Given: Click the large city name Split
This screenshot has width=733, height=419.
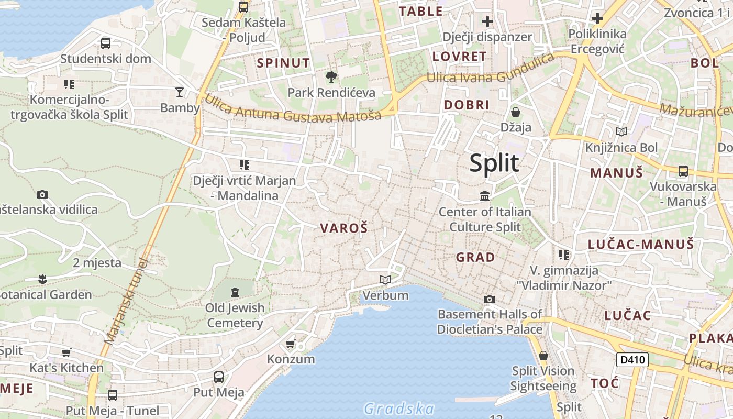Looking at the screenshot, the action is [494, 163].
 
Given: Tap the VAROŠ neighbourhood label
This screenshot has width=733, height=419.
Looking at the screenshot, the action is [343, 228].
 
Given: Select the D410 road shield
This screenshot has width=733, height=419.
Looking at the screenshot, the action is [632, 360].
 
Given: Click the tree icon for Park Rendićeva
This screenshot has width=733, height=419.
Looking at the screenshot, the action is [331, 78].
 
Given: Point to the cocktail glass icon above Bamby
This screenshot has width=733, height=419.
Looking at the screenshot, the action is [180, 92].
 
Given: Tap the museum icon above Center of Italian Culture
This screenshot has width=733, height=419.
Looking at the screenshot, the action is [485, 196].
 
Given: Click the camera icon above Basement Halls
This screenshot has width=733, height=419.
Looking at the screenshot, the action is [490, 299].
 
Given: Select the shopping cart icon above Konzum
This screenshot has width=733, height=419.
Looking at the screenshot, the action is [291, 344].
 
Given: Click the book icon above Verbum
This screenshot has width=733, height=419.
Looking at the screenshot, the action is [385, 280].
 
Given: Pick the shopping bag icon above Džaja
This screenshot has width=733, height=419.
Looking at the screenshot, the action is [516, 112].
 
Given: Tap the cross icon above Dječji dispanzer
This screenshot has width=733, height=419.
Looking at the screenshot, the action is [487, 21].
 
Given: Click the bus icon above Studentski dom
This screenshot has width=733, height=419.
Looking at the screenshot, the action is [106, 43].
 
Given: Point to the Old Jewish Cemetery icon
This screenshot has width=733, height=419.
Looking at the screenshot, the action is [235, 292].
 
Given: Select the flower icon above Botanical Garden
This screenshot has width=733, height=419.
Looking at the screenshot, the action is [43, 279].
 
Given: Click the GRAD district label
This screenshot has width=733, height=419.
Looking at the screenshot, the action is [475, 257].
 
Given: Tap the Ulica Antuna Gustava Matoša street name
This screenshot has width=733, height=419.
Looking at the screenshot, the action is [293, 108].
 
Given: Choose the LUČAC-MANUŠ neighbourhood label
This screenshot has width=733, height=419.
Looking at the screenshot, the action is [641, 244].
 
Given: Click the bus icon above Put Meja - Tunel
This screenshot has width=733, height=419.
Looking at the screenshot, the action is [113, 395].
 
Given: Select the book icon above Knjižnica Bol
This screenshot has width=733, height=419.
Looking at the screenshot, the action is [621, 132].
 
